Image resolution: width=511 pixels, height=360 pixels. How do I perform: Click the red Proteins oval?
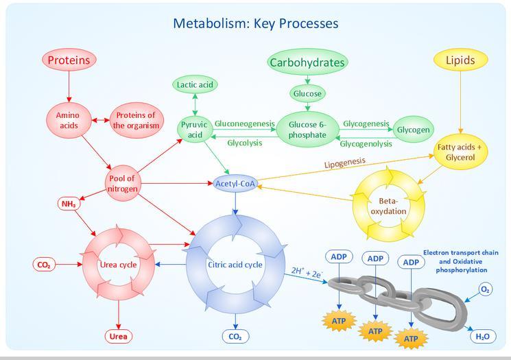[69, 60]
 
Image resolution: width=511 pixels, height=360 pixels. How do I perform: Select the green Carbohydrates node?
[307, 63]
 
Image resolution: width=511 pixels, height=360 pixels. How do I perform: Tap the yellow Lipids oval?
[460, 60]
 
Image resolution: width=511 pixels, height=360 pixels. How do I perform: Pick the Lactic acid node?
[195, 85]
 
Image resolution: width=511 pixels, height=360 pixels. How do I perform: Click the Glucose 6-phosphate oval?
[307, 130]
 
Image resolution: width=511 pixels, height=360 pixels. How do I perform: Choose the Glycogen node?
[414, 130]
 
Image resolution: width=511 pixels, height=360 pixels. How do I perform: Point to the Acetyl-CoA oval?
[235, 184]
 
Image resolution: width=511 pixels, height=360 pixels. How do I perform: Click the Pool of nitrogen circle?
[123, 184]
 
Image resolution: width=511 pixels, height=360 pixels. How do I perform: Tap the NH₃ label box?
[69, 204]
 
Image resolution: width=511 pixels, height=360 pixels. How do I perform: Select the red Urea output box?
[119, 336]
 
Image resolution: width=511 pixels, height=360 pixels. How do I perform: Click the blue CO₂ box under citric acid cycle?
[235, 337]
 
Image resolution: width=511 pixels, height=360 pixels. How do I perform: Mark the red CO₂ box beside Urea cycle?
[43, 265]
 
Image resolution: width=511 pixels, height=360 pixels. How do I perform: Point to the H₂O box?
[482, 336]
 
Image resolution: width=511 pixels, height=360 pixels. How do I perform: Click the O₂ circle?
[485, 289]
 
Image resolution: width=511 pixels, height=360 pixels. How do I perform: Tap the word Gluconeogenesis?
[244, 124]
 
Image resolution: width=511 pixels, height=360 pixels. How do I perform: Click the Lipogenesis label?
[344, 163]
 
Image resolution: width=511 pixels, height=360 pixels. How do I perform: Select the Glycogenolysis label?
[366, 144]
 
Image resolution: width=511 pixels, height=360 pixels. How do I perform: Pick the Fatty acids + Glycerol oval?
[460, 152]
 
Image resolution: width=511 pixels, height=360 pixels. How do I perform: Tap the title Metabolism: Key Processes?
[255, 23]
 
